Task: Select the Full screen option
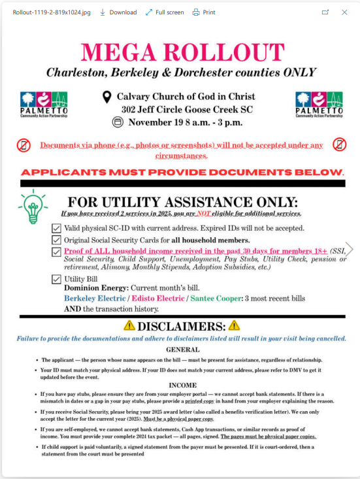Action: click(164, 12)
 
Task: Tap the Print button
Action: click(204, 12)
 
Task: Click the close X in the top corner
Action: click(345, 12)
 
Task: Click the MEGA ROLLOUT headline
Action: click(180, 52)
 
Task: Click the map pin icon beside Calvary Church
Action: click(107, 97)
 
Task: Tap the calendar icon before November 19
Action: click(118, 122)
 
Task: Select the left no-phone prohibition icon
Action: click(24, 145)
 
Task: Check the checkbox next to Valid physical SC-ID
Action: click(56, 228)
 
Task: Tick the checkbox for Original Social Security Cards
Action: click(56, 240)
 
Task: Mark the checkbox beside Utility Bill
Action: click(56, 279)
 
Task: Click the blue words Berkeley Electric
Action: click(95, 298)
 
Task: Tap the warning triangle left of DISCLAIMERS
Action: click(130, 325)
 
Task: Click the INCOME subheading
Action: click(183, 385)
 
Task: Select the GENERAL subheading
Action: click(183, 350)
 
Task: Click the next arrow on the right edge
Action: click(350, 249)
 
